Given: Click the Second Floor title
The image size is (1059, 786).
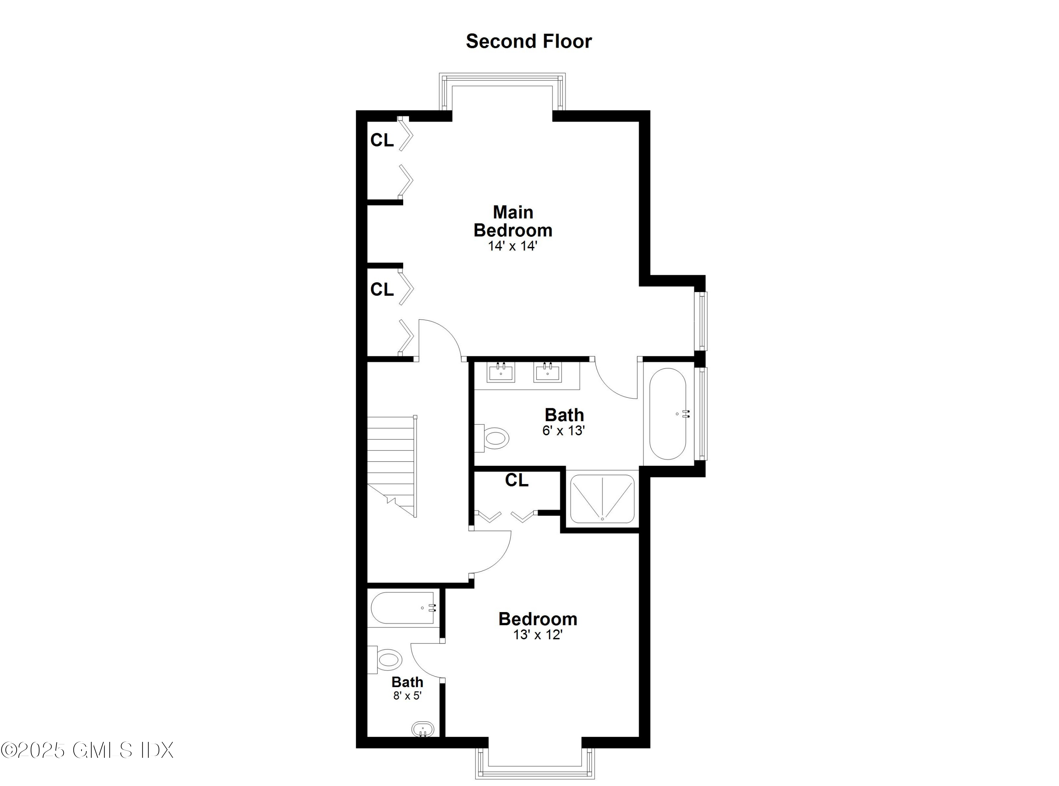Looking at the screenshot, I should coord(528,41).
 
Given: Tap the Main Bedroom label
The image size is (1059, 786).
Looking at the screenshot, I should coord(513,221).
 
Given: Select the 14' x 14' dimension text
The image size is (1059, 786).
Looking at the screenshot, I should coord(512,246).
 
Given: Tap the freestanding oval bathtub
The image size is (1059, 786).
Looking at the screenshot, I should coord(667,414).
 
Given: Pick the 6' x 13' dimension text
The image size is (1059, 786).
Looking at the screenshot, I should coord(563,431).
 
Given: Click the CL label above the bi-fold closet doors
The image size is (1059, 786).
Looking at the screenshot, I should coord(516,480).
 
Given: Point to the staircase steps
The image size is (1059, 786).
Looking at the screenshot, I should coord(391,457).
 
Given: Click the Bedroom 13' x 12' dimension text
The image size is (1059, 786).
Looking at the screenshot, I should coord(538,635).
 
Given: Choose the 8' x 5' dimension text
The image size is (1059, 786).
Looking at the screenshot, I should coord(407,696).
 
